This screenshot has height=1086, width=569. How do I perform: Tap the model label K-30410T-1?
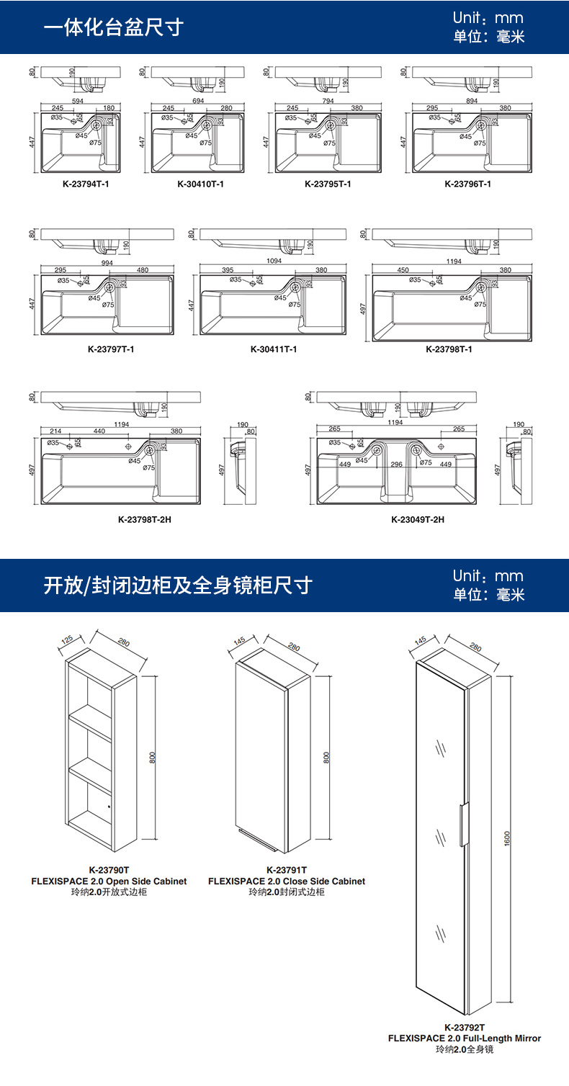(200, 184)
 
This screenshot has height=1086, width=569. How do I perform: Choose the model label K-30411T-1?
(274, 349)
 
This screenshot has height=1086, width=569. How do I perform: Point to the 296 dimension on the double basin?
(397, 465)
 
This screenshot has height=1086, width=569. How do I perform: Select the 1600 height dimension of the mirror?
(506, 838)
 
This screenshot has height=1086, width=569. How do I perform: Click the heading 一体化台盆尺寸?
(114, 27)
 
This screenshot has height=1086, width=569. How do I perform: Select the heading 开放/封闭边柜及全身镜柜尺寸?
(178, 585)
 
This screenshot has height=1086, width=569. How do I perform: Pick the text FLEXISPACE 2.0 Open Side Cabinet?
(109, 881)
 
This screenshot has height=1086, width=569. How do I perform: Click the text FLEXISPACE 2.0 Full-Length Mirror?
(465, 1038)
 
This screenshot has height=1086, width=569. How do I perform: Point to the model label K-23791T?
(287, 870)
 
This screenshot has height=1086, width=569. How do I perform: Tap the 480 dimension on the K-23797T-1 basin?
(142, 270)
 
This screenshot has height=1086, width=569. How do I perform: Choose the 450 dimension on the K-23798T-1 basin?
(403, 270)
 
